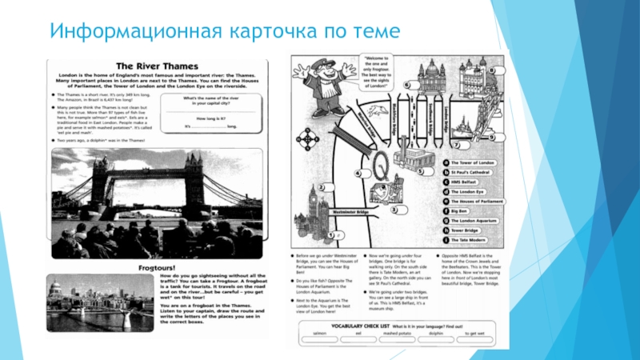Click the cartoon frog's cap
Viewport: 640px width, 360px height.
point(320,65)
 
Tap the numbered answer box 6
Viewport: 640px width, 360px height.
point(408,83)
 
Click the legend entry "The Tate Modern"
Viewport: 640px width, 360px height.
point(466,239)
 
